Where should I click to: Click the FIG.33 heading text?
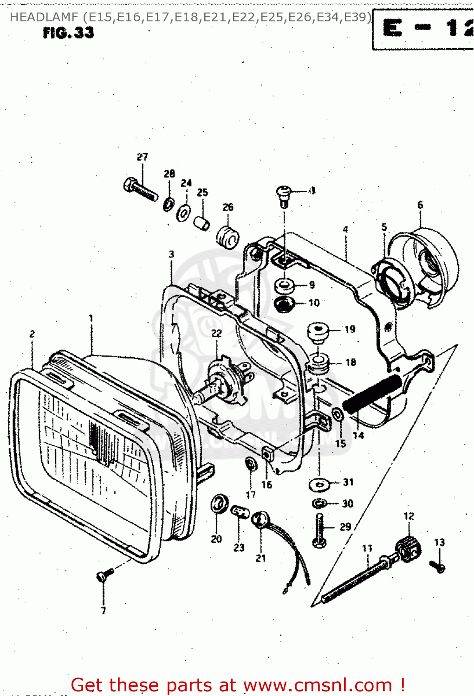(68, 33)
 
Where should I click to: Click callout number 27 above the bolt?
(142, 157)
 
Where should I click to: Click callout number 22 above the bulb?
(217, 333)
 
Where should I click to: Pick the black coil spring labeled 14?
(371, 394)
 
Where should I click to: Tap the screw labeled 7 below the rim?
(104, 575)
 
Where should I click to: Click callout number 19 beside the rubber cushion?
(350, 329)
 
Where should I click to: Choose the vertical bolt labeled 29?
(319, 529)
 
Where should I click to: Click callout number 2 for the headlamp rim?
(32, 334)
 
